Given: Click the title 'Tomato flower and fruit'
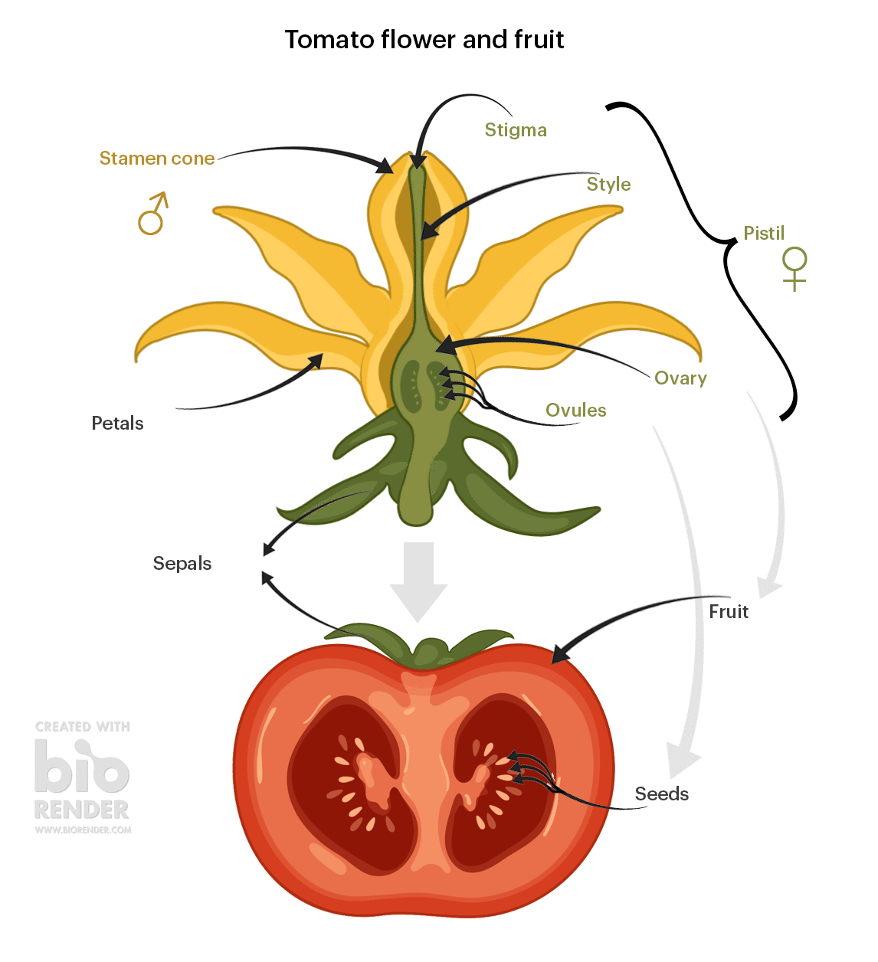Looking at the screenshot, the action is (424, 39).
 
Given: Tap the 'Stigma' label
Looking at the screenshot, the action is (516, 130).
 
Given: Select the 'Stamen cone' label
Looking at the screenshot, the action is (157, 159).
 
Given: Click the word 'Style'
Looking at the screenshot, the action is (608, 184).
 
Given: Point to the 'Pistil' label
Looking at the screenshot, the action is (764, 233).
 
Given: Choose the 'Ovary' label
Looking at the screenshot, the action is (680, 378).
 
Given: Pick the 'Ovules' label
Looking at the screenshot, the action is (575, 410).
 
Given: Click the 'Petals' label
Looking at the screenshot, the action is (117, 423).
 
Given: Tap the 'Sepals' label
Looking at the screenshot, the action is (182, 564).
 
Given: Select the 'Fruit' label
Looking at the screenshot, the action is (729, 611).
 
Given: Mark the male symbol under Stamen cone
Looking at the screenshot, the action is (153, 214).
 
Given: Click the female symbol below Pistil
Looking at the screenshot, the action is (794, 269).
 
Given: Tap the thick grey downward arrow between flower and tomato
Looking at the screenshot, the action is (418, 582).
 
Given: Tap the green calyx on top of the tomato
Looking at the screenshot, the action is (419, 645).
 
